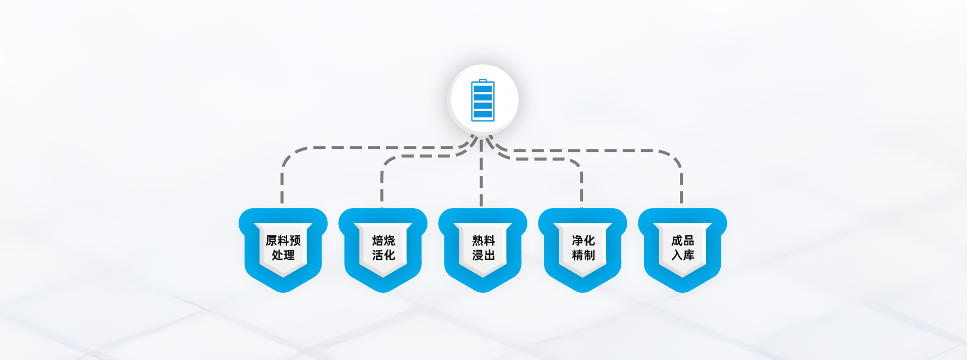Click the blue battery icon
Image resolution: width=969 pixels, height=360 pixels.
[x=482, y=101]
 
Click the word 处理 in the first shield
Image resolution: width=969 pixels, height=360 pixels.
[x=283, y=255]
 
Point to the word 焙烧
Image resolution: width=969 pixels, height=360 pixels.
[x=384, y=240]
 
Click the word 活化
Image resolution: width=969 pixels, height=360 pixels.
[x=384, y=255]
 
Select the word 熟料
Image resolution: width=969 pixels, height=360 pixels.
[x=483, y=240]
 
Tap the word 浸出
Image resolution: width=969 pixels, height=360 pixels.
[x=483, y=255]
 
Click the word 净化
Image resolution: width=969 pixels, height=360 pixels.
[x=583, y=240]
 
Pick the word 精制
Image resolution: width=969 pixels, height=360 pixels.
[x=583, y=255]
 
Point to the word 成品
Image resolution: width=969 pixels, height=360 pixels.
[x=683, y=240]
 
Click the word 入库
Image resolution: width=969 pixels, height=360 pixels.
[x=683, y=255]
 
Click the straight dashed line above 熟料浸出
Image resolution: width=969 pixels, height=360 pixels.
[x=481, y=177]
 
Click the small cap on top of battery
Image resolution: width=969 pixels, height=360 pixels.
[x=483, y=80]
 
